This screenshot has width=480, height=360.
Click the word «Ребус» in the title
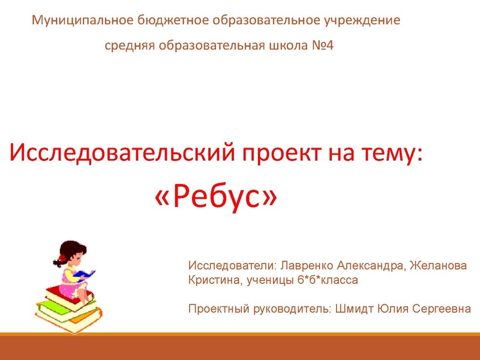coord(217,196)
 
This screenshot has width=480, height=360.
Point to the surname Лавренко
coord(305,265)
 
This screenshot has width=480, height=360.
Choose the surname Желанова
coord(440,265)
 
